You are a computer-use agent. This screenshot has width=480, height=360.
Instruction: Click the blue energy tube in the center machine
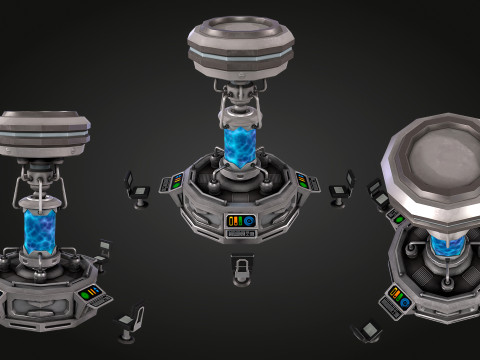point(239,145)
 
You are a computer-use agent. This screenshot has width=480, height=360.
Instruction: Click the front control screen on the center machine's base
point(241,220)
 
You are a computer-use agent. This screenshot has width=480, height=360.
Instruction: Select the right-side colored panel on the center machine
point(302,179)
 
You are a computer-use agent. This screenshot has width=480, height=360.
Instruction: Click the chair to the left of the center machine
point(138,188)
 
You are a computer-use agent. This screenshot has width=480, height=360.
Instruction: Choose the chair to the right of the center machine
point(343,187)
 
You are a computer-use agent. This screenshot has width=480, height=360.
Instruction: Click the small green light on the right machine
point(399,218)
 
